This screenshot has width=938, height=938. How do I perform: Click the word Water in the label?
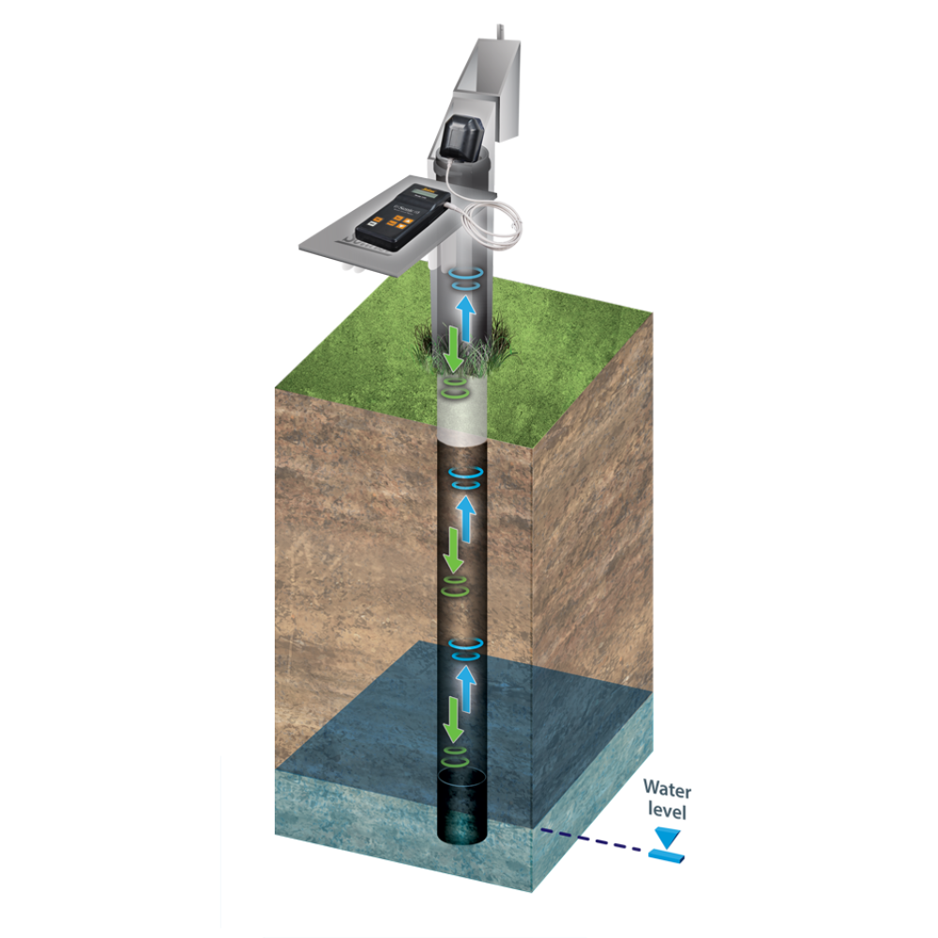[x=667, y=789]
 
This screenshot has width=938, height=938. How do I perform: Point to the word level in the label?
[x=667, y=811]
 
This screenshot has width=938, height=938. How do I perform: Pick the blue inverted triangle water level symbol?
[x=666, y=838]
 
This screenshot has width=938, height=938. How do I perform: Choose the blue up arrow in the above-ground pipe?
[x=466, y=319]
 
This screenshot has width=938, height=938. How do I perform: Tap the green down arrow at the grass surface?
[x=452, y=349]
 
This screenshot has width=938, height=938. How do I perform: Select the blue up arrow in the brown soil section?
[x=466, y=519]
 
